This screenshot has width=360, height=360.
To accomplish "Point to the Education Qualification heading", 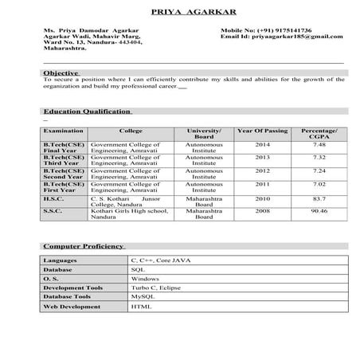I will click(86, 111).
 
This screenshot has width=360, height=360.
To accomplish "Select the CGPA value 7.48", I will click(319, 144).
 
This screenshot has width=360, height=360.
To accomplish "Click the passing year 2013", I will click(262, 158).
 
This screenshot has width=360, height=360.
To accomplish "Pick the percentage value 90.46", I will click(319, 211).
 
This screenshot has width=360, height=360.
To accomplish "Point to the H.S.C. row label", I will click(54, 198).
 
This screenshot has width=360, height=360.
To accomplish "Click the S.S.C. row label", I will click(53, 211).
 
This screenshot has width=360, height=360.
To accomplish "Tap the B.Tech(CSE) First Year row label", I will click(64, 187).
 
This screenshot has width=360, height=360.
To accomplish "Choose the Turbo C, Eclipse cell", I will click(152, 288).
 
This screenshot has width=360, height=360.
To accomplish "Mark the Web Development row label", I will click(71, 306).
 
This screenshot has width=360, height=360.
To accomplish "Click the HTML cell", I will click(140, 306).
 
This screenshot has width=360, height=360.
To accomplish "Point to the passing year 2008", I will click(262, 211).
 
